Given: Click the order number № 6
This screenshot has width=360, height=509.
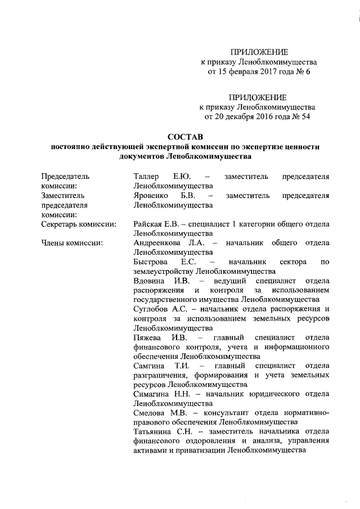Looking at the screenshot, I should tap(304, 71).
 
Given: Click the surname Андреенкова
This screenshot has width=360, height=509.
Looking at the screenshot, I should tap(160, 243).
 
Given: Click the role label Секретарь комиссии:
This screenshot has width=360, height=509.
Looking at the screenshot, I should tap(78, 224).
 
